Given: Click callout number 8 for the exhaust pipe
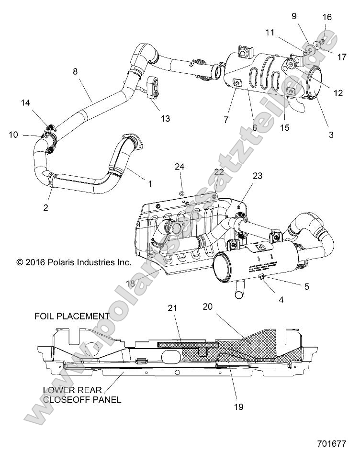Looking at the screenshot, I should point(75,72).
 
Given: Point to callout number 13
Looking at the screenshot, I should point(166,118).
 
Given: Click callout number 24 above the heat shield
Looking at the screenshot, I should point(180,166).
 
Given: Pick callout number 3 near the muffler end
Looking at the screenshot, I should point(331,135).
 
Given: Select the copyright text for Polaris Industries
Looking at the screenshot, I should point(73,262).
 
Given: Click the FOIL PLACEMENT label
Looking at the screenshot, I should point(71,316).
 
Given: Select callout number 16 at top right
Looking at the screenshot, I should point(326,17).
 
